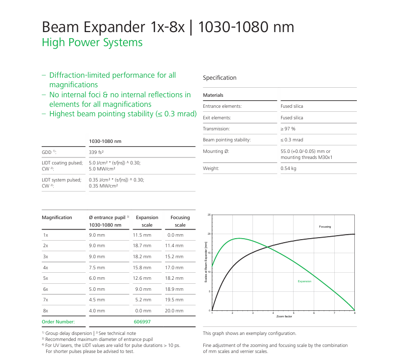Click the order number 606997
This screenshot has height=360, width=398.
point(142,321)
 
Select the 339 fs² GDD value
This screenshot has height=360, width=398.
point(96,151)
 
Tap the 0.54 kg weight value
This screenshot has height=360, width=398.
point(288,168)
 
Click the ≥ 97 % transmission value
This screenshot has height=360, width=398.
point(288,129)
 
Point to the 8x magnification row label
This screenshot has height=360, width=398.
point(46,311)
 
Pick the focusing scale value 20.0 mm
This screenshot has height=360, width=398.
point(174,311)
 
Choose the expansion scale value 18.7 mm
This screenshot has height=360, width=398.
point(142,246)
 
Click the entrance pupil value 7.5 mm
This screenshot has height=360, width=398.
point(97,267)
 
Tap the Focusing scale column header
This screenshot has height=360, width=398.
point(180,221)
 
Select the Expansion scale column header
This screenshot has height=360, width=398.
point(147,221)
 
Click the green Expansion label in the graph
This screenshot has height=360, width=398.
point(305,281)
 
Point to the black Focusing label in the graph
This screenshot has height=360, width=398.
point(325,227)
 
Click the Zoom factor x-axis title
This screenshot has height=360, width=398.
point(284,317)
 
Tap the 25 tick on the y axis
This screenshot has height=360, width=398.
point(209,215)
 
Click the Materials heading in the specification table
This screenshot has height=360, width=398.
point(213,95)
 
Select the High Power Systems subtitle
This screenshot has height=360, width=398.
point(92,43)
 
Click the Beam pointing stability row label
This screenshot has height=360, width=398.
point(226,140)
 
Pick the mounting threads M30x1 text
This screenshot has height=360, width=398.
point(307,157)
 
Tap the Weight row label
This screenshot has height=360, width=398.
point(211,168)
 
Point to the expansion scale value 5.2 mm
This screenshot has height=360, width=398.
point(143,300)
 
